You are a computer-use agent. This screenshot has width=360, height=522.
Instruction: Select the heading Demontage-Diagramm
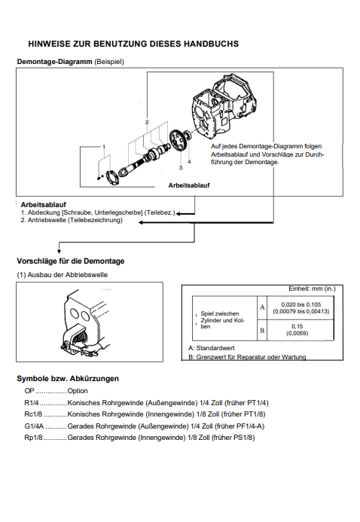click(x=54, y=62)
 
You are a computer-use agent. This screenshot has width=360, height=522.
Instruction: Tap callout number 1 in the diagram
click(x=104, y=147)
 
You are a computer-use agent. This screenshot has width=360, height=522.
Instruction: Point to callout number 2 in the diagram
click(x=147, y=122)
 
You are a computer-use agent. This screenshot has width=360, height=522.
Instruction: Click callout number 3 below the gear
click(x=181, y=168)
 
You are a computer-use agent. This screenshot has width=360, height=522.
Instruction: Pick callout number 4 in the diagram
click(x=189, y=161)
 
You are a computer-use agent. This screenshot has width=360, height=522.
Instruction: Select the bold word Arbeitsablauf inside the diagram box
click(x=189, y=185)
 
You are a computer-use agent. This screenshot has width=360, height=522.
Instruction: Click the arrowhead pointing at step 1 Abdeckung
click(x=178, y=214)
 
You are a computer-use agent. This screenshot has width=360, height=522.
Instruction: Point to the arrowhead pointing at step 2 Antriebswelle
click(x=141, y=222)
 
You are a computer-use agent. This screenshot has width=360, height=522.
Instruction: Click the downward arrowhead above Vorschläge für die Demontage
click(x=59, y=252)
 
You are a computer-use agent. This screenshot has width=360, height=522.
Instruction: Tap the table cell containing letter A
click(x=262, y=307)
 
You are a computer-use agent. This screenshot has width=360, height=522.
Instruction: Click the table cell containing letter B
click(x=262, y=330)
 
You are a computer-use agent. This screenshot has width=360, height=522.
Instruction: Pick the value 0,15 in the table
click(x=297, y=326)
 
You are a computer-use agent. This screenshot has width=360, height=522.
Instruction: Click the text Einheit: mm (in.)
click(x=312, y=288)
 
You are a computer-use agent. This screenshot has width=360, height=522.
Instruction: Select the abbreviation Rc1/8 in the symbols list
click(x=33, y=414)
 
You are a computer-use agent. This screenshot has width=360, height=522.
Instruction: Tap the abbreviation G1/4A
click(x=34, y=426)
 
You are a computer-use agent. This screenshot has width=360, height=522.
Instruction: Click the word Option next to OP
click(x=78, y=391)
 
